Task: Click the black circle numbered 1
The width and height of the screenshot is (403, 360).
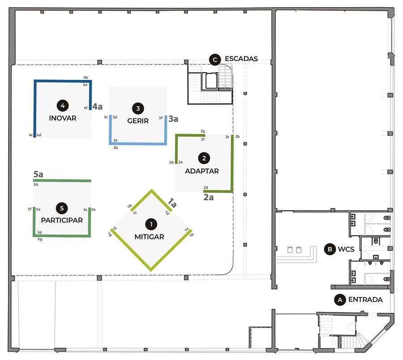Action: click(151, 223)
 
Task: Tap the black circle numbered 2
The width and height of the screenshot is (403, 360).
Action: click(204, 158)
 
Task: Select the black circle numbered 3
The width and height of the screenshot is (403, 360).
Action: click(138, 108)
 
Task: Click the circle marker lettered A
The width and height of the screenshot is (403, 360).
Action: click(340, 299)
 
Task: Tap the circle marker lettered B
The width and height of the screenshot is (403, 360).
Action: click(330, 249)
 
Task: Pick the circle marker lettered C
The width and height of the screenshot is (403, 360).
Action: click(215, 59)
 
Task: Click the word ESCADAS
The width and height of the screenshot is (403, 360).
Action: click(242, 59)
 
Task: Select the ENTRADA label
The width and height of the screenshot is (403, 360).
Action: click(365, 299)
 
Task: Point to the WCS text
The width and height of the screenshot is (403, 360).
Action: click(347, 249)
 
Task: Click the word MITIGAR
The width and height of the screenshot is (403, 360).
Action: click(150, 237)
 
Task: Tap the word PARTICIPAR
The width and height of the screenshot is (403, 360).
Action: click(62, 221)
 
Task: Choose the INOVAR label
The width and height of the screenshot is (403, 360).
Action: click(63, 119)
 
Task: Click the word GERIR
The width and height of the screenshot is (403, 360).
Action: click(138, 121)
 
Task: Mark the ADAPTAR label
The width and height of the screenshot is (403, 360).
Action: click(202, 171)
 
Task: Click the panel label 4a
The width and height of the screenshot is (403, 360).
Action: click(98, 107)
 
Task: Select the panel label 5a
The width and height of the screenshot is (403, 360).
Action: click(39, 174)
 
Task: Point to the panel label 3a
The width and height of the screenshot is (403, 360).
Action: click(173, 119)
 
